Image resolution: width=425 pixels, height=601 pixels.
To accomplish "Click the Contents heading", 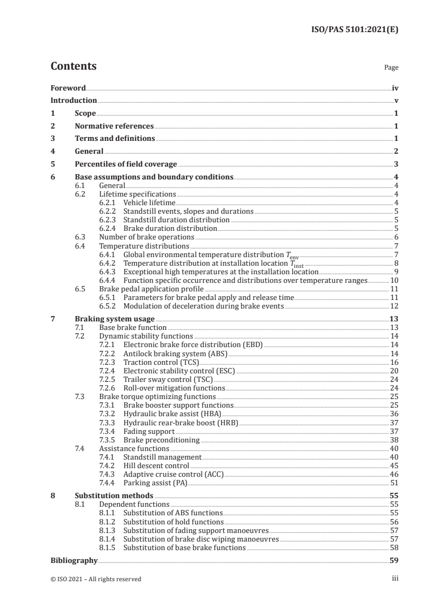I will (x=73, y=66).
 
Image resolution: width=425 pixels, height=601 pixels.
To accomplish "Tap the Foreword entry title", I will (x=68, y=88).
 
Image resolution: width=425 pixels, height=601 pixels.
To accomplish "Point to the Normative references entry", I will (x=114, y=126).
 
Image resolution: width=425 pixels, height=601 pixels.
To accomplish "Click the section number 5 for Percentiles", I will (x=53, y=164).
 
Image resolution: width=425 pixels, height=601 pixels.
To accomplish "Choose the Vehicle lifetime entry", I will (x=149, y=202).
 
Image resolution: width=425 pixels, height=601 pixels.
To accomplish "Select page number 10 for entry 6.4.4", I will (x=394, y=280).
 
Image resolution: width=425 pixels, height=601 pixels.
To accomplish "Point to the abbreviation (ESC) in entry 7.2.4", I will (x=225, y=371).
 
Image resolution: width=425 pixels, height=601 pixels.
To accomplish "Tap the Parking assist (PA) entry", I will (x=154, y=483).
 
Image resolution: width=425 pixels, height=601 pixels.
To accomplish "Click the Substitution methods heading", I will (x=114, y=496).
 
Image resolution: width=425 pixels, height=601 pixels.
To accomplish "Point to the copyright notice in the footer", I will (x=96, y=579).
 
